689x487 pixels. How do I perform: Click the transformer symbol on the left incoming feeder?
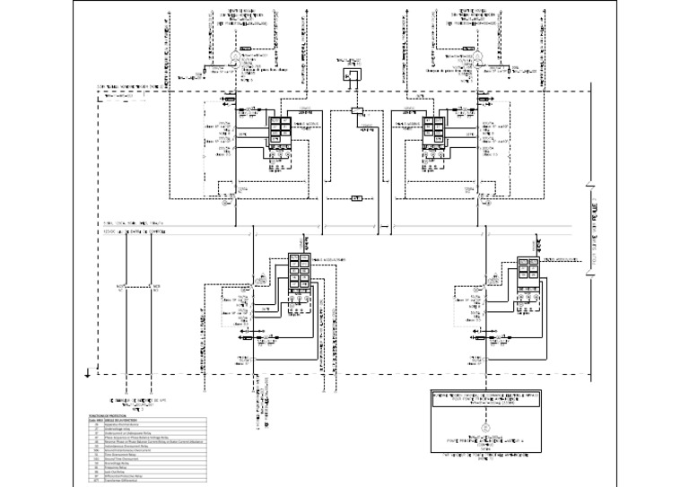tap(235, 55)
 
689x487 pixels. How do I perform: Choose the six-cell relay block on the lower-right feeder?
tap(528, 273)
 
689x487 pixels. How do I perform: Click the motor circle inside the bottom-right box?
tap(484, 430)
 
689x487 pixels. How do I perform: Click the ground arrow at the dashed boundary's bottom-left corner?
tap(85, 370)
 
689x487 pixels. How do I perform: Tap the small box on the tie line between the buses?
tap(355, 195)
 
